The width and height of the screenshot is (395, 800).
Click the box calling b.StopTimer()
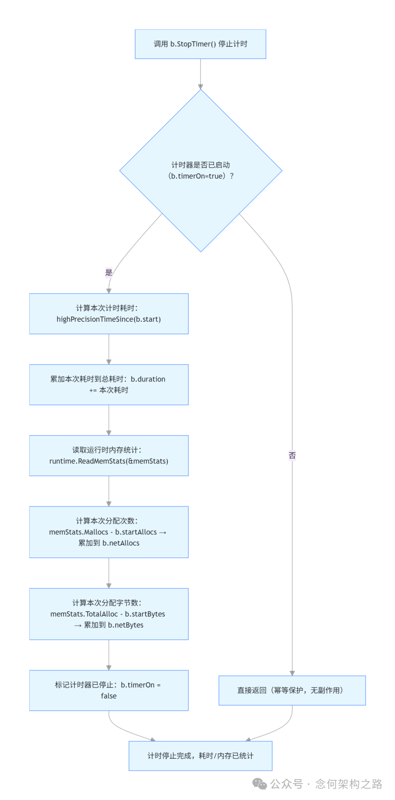click(200, 44)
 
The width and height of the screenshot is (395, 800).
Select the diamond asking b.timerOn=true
click(200, 170)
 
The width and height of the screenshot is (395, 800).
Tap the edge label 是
click(109, 272)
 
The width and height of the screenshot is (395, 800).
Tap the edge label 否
click(292, 455)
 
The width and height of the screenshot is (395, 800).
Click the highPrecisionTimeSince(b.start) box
click(109, 313)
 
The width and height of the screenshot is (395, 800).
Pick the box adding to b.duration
click(109, 384)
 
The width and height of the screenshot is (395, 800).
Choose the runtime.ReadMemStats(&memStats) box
click(109, 455)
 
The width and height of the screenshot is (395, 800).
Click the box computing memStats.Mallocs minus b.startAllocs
click(109, 532)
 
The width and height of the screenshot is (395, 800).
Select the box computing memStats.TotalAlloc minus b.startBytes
click(109, 614)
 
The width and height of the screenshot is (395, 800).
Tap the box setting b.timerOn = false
click(109, 690)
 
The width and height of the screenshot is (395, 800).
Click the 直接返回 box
click(292, 690)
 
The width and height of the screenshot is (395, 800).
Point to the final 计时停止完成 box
click(200, 756)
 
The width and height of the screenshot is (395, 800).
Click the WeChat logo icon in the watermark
click(260, 784)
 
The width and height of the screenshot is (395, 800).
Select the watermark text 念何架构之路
click(349, 784)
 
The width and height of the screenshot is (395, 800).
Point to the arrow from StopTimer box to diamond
click(200, 74)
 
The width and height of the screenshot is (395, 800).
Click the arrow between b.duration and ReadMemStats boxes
click(109, 420)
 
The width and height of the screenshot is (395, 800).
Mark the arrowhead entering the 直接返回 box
click(292, 673)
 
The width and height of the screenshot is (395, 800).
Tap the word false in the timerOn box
click(109, 696)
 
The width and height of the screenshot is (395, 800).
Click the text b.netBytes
click(125, 625)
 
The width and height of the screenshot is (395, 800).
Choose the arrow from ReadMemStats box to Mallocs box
click(109, 491)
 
